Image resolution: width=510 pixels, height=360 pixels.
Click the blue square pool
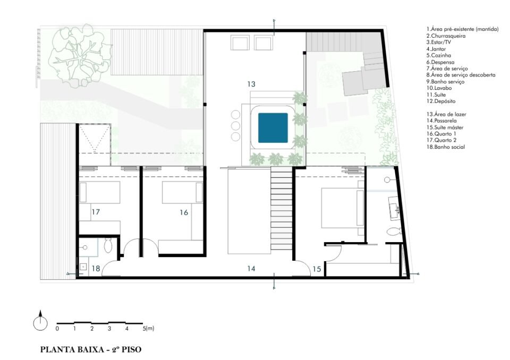click(273, 128)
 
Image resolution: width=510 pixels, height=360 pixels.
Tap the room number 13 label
click(251, 84)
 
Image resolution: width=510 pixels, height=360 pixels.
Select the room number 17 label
click(95, 212)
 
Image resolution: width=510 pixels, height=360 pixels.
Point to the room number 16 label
click(184, 212)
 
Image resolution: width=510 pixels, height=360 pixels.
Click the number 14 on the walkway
click(251, 269)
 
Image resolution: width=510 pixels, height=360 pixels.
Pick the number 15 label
click(317, 269)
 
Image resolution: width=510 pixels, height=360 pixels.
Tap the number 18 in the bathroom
click(96, 269)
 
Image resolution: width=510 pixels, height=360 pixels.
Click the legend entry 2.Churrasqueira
click(446, 36)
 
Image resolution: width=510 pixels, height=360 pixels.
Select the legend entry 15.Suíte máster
click(445, 127)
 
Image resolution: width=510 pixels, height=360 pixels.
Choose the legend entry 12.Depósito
click(441, 101)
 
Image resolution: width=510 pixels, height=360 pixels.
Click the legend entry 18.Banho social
click(446, 147)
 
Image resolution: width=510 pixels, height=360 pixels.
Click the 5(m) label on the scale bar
click(148, 329)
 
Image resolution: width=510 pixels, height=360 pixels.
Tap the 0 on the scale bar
click(57, 329)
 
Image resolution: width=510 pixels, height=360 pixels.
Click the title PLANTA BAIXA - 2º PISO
click(91, 349)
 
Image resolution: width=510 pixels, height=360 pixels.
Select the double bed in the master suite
click(343, 208)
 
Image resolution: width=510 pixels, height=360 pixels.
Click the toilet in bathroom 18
click(108, 246)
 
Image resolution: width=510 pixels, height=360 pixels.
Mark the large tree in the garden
click(80, 55)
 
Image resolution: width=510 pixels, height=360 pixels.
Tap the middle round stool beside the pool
click(235, 125)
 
